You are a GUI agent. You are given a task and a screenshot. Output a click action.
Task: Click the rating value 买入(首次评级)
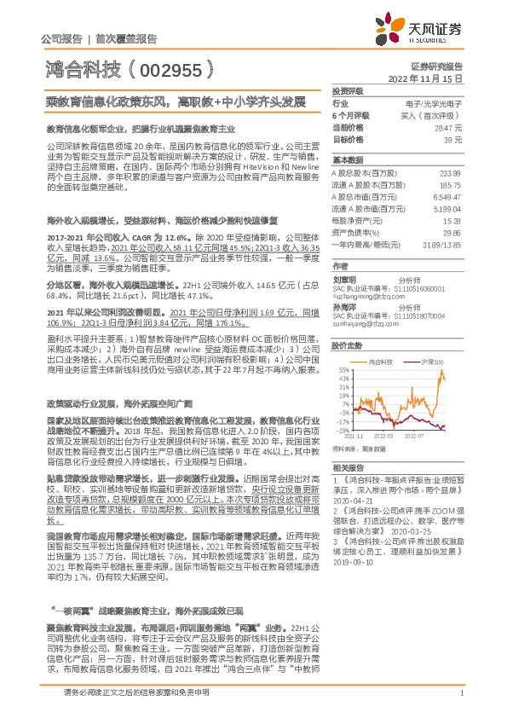[440, 114]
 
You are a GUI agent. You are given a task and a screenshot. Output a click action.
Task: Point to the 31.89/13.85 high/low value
[442, 243]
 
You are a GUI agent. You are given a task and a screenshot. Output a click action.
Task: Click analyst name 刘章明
[343, 279]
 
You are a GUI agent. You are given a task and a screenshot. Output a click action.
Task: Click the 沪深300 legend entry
[433, 362]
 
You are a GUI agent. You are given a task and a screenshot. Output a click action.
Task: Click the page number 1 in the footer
[460, 703]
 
